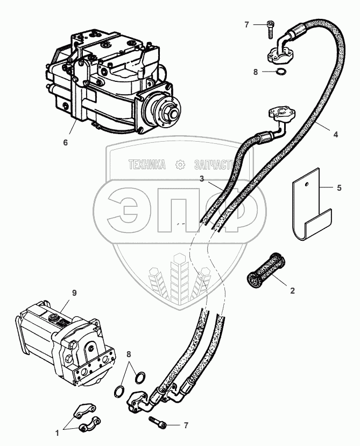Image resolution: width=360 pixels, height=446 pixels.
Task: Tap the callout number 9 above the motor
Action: (x=75, y=293)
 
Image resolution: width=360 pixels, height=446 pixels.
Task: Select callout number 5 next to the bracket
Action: (x=338, y=189)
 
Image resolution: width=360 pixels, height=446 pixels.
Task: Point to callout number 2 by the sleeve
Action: (x=292, y=291)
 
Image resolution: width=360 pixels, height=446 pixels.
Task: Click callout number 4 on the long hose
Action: (x=335, y=135)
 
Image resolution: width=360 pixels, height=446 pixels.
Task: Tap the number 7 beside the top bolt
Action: (x=247, y=25)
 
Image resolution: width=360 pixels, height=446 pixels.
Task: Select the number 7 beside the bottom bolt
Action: (x=186, y=426)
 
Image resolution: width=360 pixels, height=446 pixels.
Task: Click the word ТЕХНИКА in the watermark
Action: (x=146, y=165)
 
